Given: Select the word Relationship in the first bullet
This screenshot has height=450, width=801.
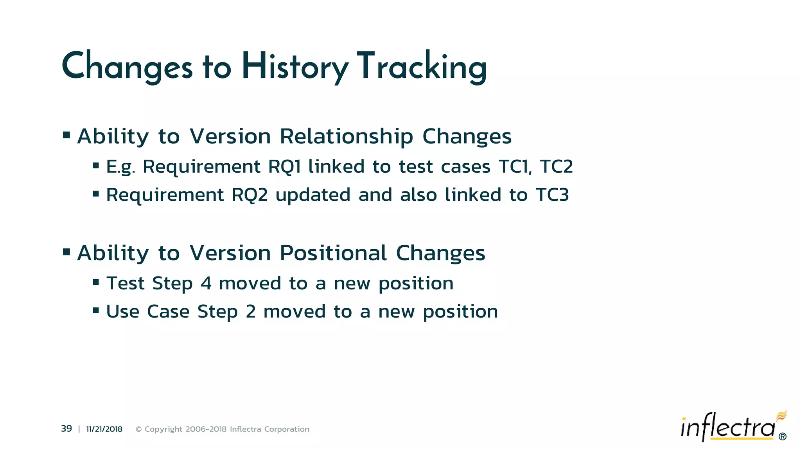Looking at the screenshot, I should click(346, 136).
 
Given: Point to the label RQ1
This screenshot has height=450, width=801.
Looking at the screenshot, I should click(284, 167).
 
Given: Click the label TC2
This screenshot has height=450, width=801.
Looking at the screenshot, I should click(556, 167).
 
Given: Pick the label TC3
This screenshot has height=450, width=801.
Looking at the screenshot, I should click(552, 195).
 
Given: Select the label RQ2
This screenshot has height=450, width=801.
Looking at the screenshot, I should click(250, 195).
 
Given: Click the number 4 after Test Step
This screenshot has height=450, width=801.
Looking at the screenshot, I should click(206, 283).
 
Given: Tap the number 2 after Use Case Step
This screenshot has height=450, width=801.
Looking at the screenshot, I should click(250, 312).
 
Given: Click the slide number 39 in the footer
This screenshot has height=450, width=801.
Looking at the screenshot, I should click(66, 429).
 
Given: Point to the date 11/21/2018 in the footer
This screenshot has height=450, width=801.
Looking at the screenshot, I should click(104, 429).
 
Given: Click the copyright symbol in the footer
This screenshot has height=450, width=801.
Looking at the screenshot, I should click(138, 429).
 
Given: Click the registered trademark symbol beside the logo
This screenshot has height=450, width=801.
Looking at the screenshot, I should click(782, 437).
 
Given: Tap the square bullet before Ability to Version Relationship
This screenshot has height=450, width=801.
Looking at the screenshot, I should click(66, 136).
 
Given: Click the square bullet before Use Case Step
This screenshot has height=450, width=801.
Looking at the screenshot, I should click(96, 311).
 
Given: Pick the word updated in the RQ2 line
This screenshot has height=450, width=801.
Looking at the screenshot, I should click(313, 195).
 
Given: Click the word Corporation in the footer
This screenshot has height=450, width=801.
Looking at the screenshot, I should click(287, 429).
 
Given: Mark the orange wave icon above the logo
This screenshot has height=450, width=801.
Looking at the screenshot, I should click(781, 415).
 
